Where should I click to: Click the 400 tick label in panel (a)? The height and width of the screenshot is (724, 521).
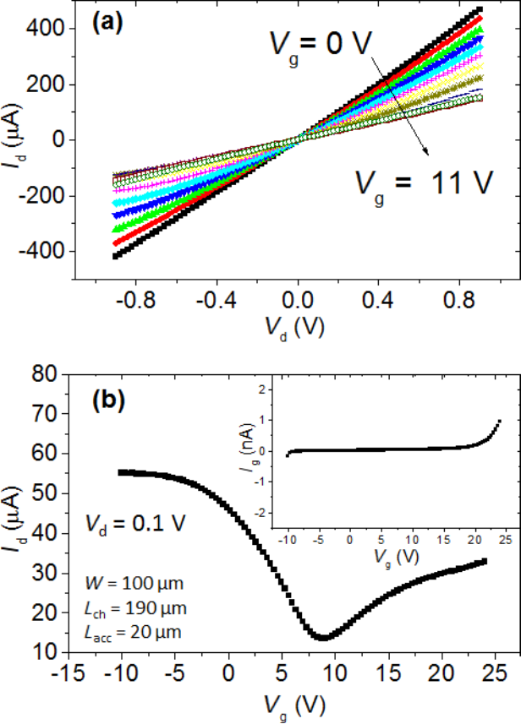tap(50, 29)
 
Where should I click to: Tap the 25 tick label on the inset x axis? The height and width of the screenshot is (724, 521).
tap(506, 538)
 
